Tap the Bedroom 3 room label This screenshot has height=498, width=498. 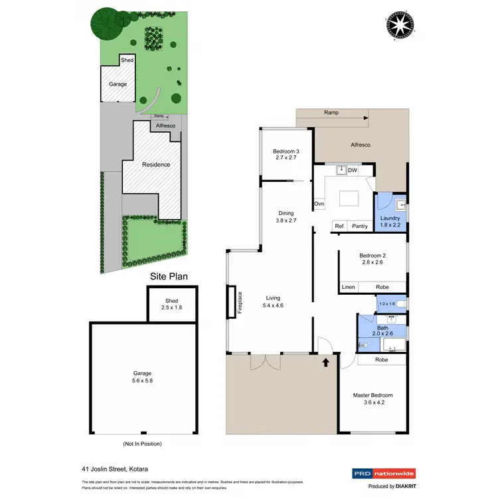tap(287, 155)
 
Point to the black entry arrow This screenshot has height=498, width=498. tap(325, 363)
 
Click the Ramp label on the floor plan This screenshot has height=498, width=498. tap(331, 113)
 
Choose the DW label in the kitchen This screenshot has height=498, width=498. tap(353, 171)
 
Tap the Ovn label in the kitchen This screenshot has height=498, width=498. tap(319, 204)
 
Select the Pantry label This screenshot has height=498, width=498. tap(360, 226)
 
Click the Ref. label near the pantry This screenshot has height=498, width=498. tap(339, 226)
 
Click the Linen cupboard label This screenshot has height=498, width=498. tap(348, 288)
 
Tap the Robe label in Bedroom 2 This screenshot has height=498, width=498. tap(382, 288)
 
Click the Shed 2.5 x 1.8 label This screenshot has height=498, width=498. tap(172, 304)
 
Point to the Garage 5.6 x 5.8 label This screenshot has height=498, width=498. tap(143, 377)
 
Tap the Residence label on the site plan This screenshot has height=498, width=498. tap(156, 165)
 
